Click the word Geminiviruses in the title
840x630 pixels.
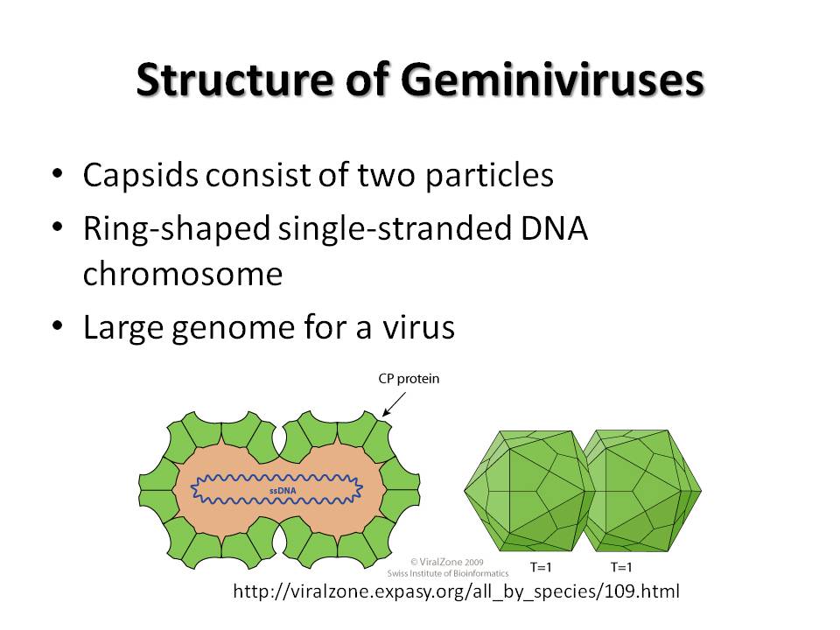click(552, 80)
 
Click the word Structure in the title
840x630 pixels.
click(235, 80)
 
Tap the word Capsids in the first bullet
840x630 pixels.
click(140, 176)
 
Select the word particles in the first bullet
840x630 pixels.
click(489, 176)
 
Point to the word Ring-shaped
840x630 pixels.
click(176, 229)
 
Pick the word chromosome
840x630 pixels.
click(183, 274)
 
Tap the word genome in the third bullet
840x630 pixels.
click(233, 329)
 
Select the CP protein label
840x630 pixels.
click(409, 379)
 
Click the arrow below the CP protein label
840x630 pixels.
click(394, 404)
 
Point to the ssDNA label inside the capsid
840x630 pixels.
click(283, 490)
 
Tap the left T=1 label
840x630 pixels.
click(541, 567)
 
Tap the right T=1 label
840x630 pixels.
click(621, 567)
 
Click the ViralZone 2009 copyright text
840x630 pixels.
click(447, 562)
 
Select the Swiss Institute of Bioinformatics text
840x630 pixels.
click(448, 573)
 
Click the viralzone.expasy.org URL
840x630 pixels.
click(457, 591)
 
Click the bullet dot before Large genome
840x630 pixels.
click(58, 325)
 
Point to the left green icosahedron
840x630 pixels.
click(528, 491)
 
